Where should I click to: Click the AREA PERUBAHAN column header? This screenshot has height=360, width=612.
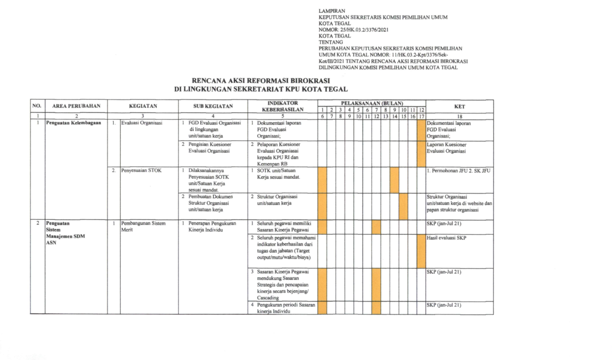[77, 107]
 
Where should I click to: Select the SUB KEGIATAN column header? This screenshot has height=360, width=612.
[213, 107]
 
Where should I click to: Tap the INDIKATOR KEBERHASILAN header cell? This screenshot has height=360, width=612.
[283, 106]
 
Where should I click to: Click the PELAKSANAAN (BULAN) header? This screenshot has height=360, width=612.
[372, 103]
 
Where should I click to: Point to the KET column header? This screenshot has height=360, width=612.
[459, 107]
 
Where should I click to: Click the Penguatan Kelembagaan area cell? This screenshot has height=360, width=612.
[73, 123]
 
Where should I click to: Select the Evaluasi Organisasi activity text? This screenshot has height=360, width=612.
[141, 123]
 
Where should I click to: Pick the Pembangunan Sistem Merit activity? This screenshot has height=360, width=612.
[143, 226]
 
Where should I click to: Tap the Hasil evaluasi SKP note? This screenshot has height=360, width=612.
[447, 238]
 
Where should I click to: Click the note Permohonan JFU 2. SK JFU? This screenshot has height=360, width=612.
[459, 170]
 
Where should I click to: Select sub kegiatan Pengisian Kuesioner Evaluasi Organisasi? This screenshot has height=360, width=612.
[210, 148]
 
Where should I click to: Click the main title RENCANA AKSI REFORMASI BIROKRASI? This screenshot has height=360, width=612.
[261, 81]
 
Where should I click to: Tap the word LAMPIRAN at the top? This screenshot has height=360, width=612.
[332, 11]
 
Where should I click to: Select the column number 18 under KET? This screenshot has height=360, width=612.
[459, 117]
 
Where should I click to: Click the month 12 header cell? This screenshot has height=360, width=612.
[421, 110]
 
